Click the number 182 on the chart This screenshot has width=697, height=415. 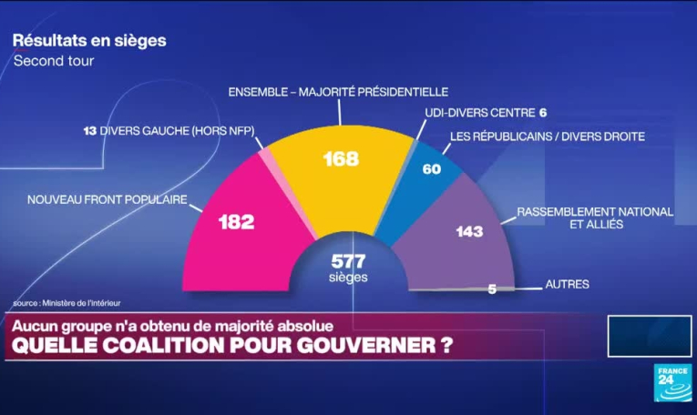[x=237, y=221]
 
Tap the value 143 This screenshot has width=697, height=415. [x=469, y=231]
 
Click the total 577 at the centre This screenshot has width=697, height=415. [x=348, y=262]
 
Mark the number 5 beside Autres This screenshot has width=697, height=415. [x=493, y=289]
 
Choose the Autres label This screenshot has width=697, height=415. [x=567, y=284]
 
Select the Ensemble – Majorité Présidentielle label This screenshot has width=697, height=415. [x=338, y=92]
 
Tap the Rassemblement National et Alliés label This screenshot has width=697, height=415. [x=595, y=218]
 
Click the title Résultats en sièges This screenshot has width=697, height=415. [x=89, y=41]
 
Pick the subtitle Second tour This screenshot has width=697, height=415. [x=54, y=61]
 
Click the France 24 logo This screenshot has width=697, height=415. [x=671, y=382]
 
